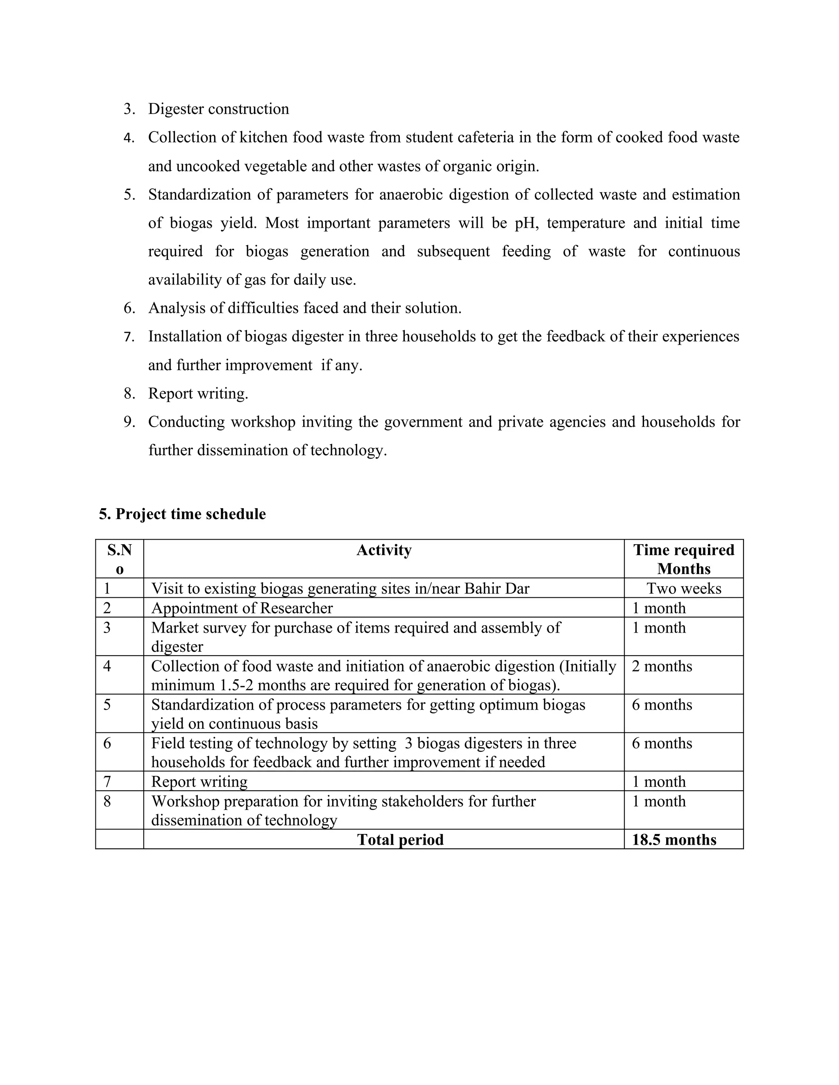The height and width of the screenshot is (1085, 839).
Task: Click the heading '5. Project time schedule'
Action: click(x=182, y=514)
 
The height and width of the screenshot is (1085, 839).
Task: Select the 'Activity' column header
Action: click(x=384, y=550)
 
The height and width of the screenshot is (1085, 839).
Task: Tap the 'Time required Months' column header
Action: click(x=683, y=559)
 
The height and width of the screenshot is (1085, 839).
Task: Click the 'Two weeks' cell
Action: click(x=683, y=588)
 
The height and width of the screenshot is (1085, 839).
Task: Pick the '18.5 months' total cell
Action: click(x=674, y=840)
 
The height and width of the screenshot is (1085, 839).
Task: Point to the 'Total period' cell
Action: click(x=400, y=840)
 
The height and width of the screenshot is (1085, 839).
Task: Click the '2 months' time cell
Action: click(x=662, y=666)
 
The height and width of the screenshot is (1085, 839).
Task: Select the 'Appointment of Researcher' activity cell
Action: click(x=242, y=608)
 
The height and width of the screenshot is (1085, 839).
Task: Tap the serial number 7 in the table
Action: click(x=107, y=782)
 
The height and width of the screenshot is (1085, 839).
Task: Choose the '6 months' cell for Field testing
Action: click(x=662, y=743)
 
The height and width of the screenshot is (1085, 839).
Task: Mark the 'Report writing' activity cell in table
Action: click(x=200, y=782)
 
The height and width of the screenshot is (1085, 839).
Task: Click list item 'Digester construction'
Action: click(x=218, y=109)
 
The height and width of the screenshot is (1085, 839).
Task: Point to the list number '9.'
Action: click(x=129, y=422)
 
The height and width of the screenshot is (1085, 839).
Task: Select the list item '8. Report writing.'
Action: click(x=198, y=393)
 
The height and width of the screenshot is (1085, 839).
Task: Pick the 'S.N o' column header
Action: click(x=119, y=559)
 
